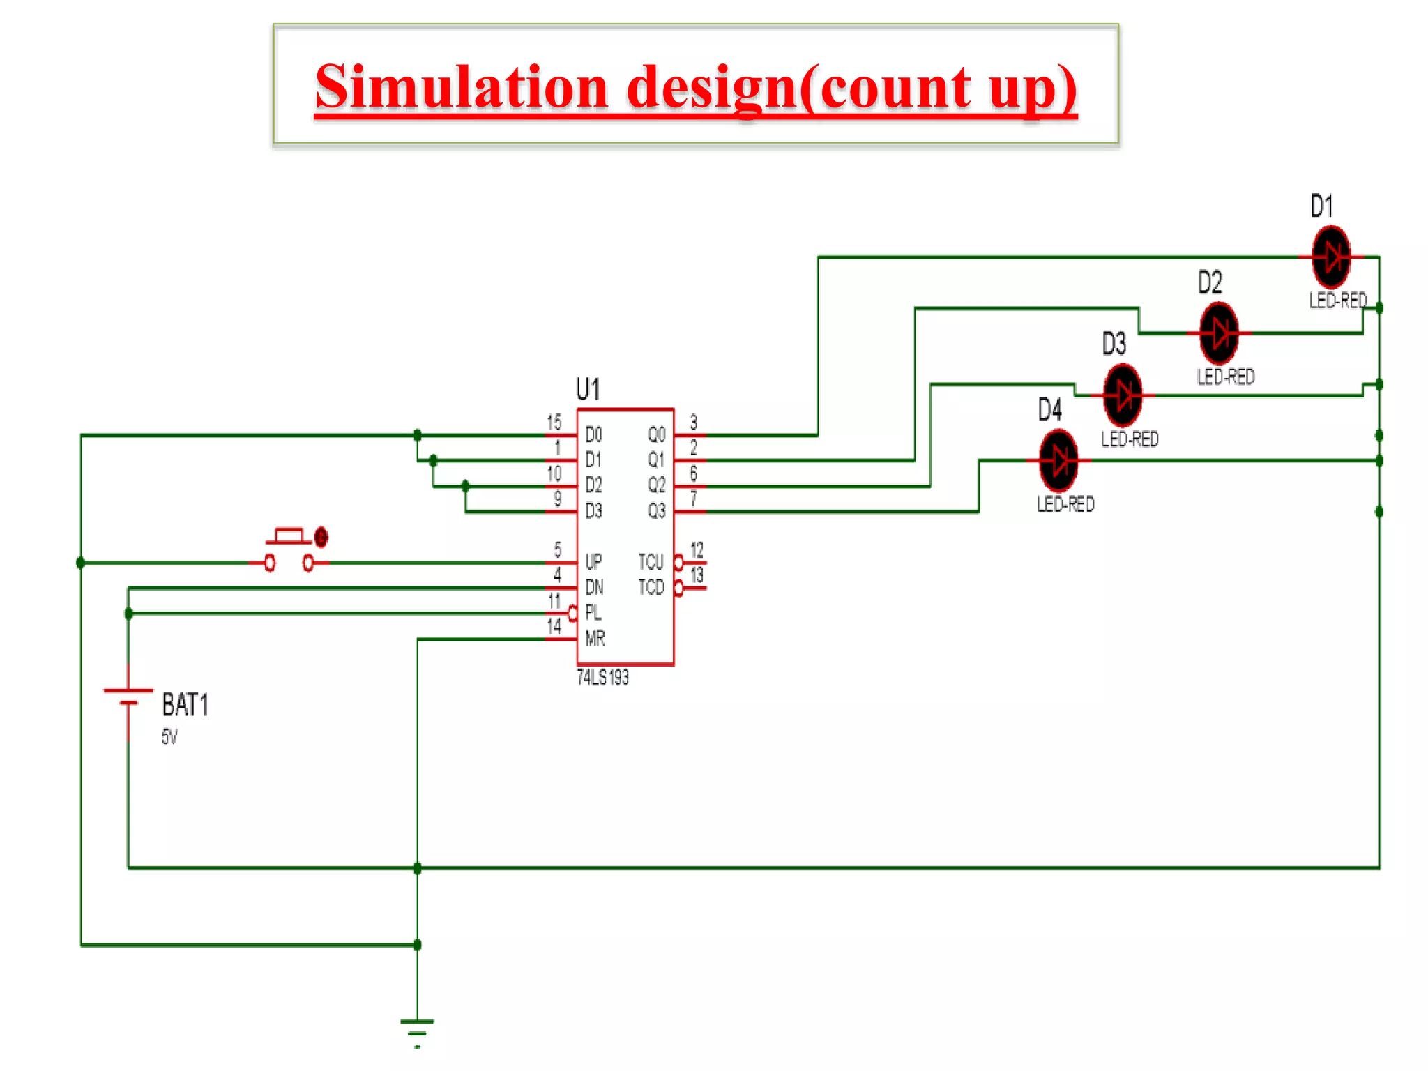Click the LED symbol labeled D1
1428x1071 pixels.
1331,257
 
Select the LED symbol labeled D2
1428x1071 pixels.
1219,333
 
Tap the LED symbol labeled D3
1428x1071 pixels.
1123,395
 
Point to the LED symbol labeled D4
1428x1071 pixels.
1058,460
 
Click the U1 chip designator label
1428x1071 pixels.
588,388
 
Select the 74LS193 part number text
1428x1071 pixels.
602,677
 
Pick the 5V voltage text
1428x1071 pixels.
169,736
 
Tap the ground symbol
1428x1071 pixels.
417,1029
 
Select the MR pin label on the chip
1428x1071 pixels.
595,638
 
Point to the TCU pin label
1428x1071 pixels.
651,561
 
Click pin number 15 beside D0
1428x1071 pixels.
554,422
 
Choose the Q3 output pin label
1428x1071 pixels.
656,511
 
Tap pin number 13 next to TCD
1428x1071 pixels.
697,575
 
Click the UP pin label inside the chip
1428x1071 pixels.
593,561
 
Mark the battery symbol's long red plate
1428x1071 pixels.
128,690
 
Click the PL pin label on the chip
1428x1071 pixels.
593,612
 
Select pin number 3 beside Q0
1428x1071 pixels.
693,422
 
